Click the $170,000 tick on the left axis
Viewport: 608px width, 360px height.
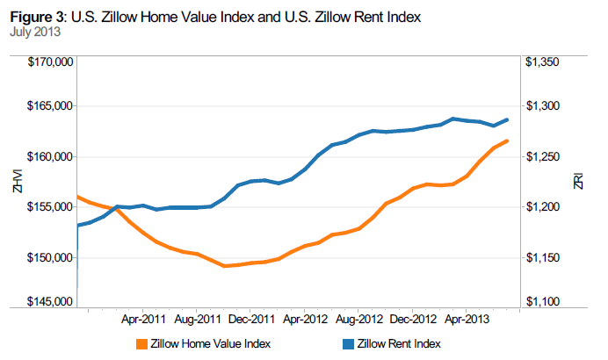(x=51, y=62)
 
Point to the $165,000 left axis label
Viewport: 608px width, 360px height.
(x=51, y=106)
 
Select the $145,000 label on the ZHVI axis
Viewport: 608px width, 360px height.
(x=51, y=302)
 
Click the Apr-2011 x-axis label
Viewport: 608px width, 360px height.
(x=144, y=319)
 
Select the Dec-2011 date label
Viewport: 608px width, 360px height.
(x=251, y=319)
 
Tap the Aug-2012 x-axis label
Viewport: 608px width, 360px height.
(x=358, y=319)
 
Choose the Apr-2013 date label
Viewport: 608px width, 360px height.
(x=466, y=319)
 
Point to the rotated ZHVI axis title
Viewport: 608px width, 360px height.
(x=14, y=182)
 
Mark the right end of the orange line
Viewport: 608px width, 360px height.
(x=508, y=141)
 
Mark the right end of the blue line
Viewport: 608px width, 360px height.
(x=508, y=119)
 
